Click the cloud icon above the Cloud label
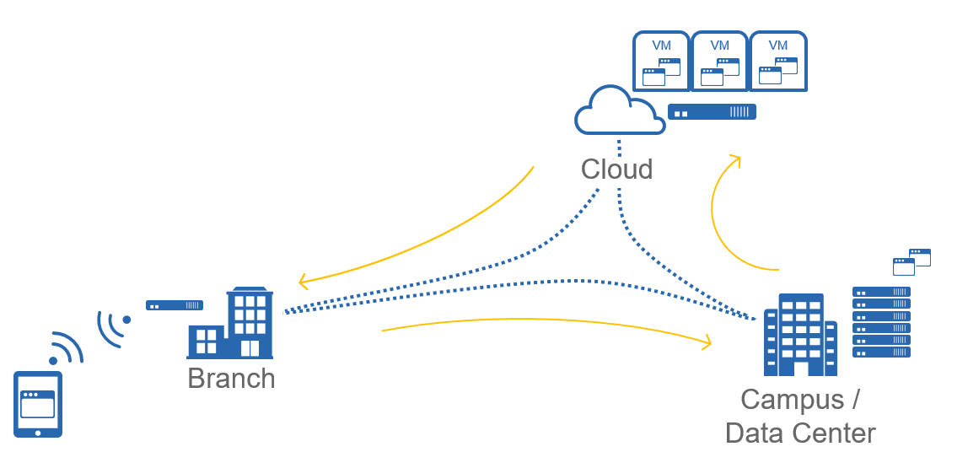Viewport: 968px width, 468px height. tap(617, 111)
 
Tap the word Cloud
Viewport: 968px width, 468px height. tap(616, 169)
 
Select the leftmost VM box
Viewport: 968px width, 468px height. tap(661, 62)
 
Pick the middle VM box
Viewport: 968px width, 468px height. tap(719, 62)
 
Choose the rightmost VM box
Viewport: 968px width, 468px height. tap(778, 62)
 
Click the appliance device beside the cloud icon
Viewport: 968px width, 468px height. tap(712, 111)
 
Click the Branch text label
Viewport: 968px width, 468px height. tap(231, 379)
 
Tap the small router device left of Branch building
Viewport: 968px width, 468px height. tap(175, 305)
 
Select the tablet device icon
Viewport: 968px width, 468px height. tap(38, 405)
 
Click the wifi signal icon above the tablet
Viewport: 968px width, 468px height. tap(65, 348)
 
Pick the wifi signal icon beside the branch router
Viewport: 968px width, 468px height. tap(114, 326)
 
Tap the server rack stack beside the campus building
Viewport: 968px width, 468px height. tap(881, 321)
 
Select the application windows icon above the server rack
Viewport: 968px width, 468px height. tap(912, 261)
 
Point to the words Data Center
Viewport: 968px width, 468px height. tap(800, 433)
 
